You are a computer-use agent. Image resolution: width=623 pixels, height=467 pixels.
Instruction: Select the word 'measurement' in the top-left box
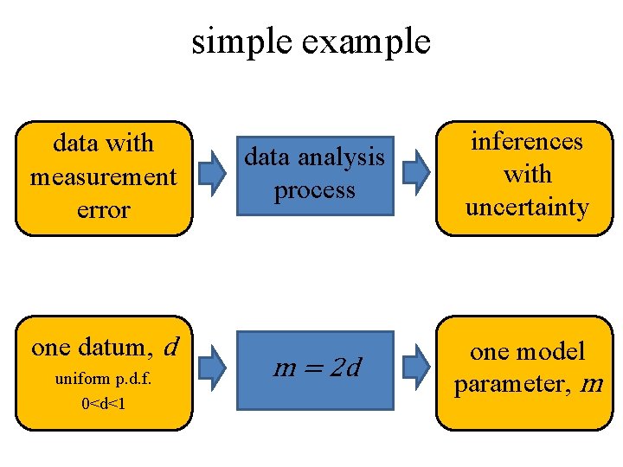103,176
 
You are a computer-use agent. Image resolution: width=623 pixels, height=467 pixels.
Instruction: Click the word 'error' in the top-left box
103,209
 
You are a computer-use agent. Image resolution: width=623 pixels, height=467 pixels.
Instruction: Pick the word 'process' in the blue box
314,189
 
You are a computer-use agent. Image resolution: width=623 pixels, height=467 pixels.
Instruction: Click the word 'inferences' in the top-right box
526,141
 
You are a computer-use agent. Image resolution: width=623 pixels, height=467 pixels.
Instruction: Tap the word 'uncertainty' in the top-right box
526,208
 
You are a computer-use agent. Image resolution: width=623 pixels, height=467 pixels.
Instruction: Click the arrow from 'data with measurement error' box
212,175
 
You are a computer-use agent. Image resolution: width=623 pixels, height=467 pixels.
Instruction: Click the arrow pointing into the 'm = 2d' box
212,368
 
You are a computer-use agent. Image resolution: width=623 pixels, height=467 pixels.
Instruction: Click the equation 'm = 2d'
317,368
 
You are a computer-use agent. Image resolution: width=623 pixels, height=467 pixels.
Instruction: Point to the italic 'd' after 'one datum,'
170,347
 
